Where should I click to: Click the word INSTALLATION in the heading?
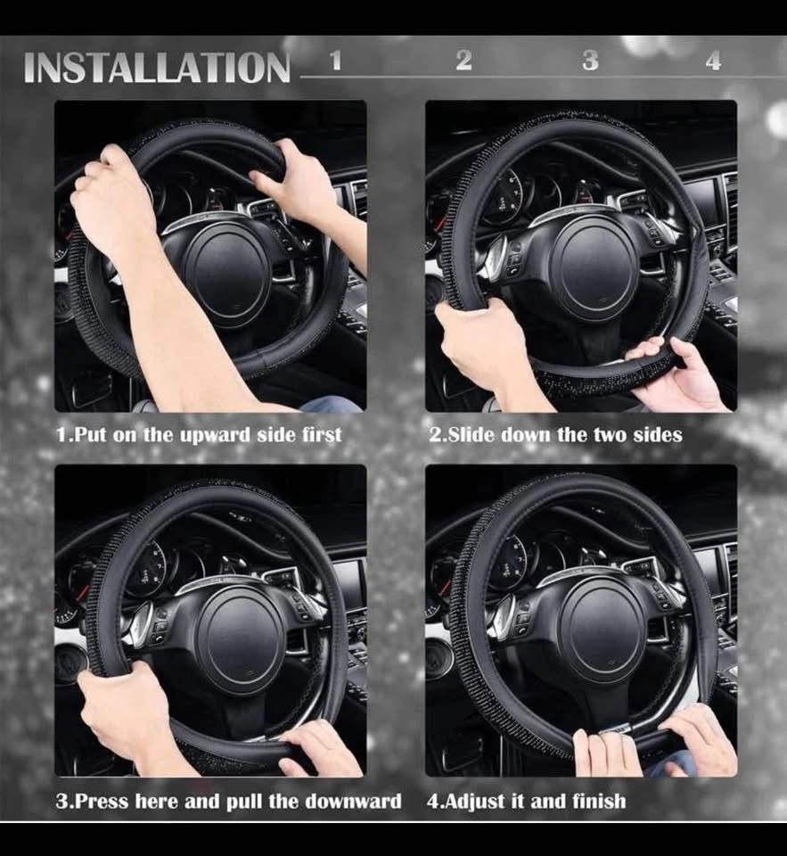pyautogui.click(x=157, y=67)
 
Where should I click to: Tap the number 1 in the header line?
pyautogui.click(x=336, y=60)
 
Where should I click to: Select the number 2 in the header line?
pyautogui.click(x=463, y=60)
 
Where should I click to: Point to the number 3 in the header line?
pyautogui.click(x=590, y=60)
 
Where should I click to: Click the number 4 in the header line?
pyautogui.click(x=713, y=60)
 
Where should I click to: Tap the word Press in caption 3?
pyautogui.click(x=102, y=801)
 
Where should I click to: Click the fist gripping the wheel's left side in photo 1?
pyautogui.click(x=109, y=196)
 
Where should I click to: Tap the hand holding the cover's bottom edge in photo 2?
pyautogui.click(x=679, y=374)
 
